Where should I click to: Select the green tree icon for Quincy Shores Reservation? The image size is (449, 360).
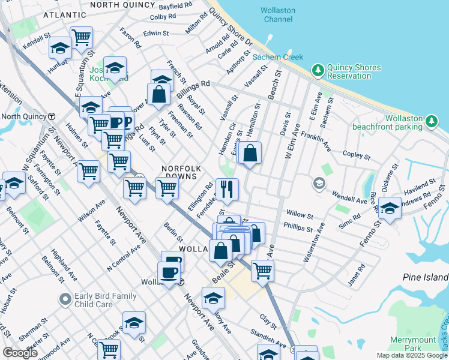(318, 71)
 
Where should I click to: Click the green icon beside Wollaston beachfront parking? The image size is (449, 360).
(430, 122)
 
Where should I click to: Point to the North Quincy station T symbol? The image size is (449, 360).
(52, 116)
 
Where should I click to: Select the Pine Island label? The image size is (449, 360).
(424, 277)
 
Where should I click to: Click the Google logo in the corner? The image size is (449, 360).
(20, 353)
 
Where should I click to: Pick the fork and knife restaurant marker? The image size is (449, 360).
(227, 190)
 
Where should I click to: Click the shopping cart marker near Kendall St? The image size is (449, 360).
(81, 38)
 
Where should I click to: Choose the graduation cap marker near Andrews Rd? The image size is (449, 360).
(390, 209)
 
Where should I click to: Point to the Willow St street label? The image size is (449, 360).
(300, 214)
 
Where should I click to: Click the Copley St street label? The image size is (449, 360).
(356, 154)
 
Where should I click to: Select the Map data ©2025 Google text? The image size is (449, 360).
(411, 355)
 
